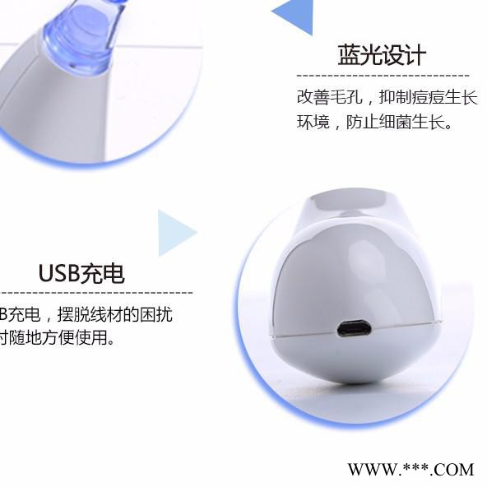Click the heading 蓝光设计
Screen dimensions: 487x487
pyautogui.click(x=382, y=55)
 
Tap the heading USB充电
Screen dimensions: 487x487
pyautogui.click(x=81, y=273)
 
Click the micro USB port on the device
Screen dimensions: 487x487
pyautogui.click(x=354, y=330)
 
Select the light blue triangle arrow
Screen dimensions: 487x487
pyautogui.click(x=174, y=233)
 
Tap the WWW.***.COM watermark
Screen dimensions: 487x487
pyautogui.click(x=410, y=470)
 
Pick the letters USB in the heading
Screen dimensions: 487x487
pyautogui.click(x=58, y=273)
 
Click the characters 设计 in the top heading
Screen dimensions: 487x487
pyautogui.click(x=404, y=55)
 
